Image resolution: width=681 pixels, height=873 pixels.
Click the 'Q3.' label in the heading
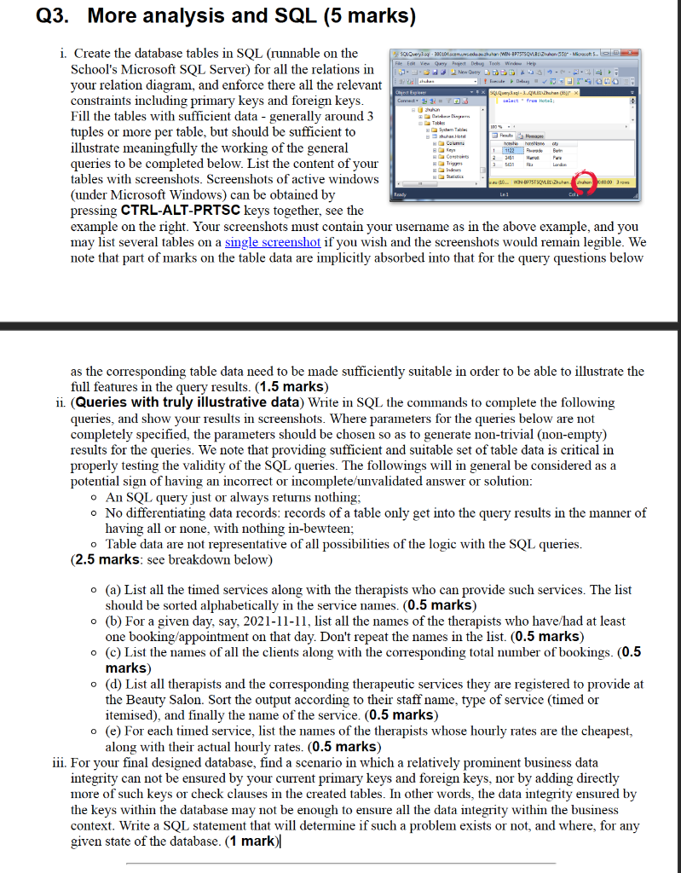[33, 16]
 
